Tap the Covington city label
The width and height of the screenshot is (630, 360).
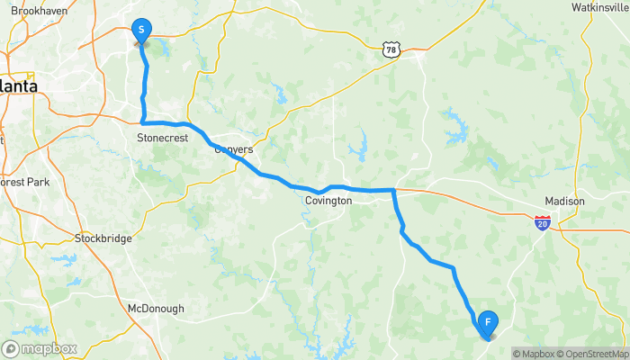tap(328, 201)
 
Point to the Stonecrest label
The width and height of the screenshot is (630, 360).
tap(161, 138)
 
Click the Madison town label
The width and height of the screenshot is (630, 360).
tap(565, 201)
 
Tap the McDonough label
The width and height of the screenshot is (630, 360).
tap(156, 308)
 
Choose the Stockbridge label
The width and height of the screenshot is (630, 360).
tap(103, 238)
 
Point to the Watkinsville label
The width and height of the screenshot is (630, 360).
tap(598, 7)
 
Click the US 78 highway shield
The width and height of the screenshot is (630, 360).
tap(390, 49)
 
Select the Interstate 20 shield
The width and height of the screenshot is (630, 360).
tap(542, 222)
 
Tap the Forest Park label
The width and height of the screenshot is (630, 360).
tap(27, 181)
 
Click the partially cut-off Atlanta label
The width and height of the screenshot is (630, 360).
tap(18, 85)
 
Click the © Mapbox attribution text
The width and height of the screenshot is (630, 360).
tap(533, 353)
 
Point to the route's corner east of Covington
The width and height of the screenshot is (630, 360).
tap(394, 190)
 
